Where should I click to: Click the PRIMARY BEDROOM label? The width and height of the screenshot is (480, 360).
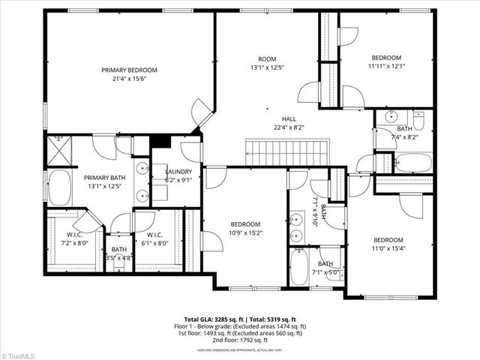(130, 70)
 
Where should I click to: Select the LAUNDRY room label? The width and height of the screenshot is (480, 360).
(178, 171)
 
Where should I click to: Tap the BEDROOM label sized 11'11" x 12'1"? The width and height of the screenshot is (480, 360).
(386, 58)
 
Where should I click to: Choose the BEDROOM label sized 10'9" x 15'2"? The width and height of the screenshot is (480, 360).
(245, 224)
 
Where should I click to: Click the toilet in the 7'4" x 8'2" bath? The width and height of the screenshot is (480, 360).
(418, 120)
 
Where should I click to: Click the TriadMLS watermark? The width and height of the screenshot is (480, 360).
(19, 355)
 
